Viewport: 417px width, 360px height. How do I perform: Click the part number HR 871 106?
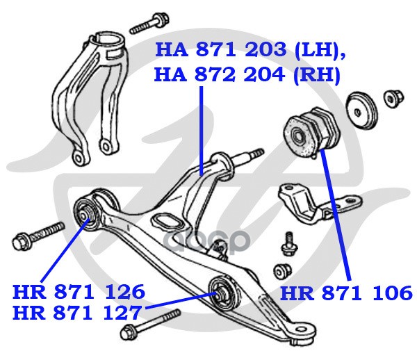point(345,292)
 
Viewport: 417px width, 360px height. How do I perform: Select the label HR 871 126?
point(79,291)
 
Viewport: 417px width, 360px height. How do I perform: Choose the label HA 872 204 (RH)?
point(247,73)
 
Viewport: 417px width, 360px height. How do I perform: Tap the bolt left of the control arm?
point(38,235)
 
